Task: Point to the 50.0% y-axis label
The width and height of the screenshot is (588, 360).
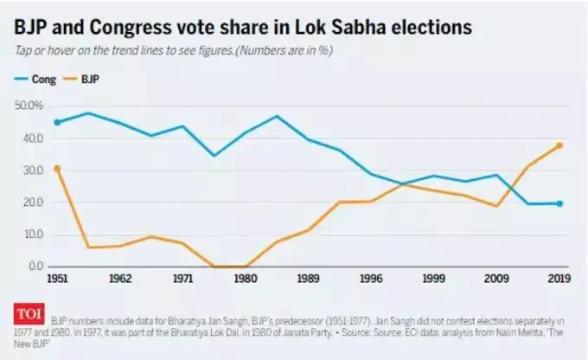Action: coord(29,106)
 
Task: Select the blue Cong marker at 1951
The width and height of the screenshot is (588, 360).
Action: coord(58,122)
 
